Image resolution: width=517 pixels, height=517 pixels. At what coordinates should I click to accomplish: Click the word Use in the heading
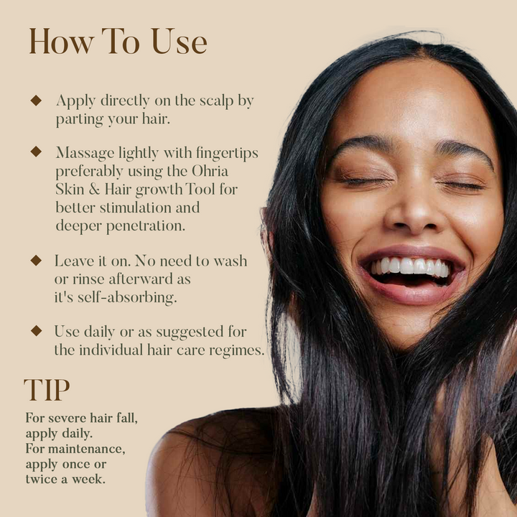(179, 41)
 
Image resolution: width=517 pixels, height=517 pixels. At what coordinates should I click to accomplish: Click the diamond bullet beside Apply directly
(36, 101)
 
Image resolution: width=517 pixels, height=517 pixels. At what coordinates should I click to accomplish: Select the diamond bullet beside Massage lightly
(36, 152)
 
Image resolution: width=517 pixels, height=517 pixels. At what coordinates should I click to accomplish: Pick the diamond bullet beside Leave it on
(36, 261)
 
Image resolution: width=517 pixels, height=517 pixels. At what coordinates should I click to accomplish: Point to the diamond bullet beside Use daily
(36, 331)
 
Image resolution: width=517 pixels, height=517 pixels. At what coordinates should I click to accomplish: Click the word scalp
(216, 101)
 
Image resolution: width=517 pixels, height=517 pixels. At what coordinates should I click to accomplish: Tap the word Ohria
(210, 171)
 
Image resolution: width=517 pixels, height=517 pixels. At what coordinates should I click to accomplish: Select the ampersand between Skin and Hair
(94, 190)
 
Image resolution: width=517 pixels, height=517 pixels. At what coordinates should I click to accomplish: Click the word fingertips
(227, 154)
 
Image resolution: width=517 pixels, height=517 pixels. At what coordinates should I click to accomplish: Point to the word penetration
(145, 226)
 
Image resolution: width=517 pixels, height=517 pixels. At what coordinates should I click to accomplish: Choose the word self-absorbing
(127, 297)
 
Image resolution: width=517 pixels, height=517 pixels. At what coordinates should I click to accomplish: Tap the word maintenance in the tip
(86, 449)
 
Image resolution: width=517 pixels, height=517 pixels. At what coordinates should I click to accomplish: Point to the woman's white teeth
(411, 266)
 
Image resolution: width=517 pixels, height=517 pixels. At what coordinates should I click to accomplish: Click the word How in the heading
(61, 41)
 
